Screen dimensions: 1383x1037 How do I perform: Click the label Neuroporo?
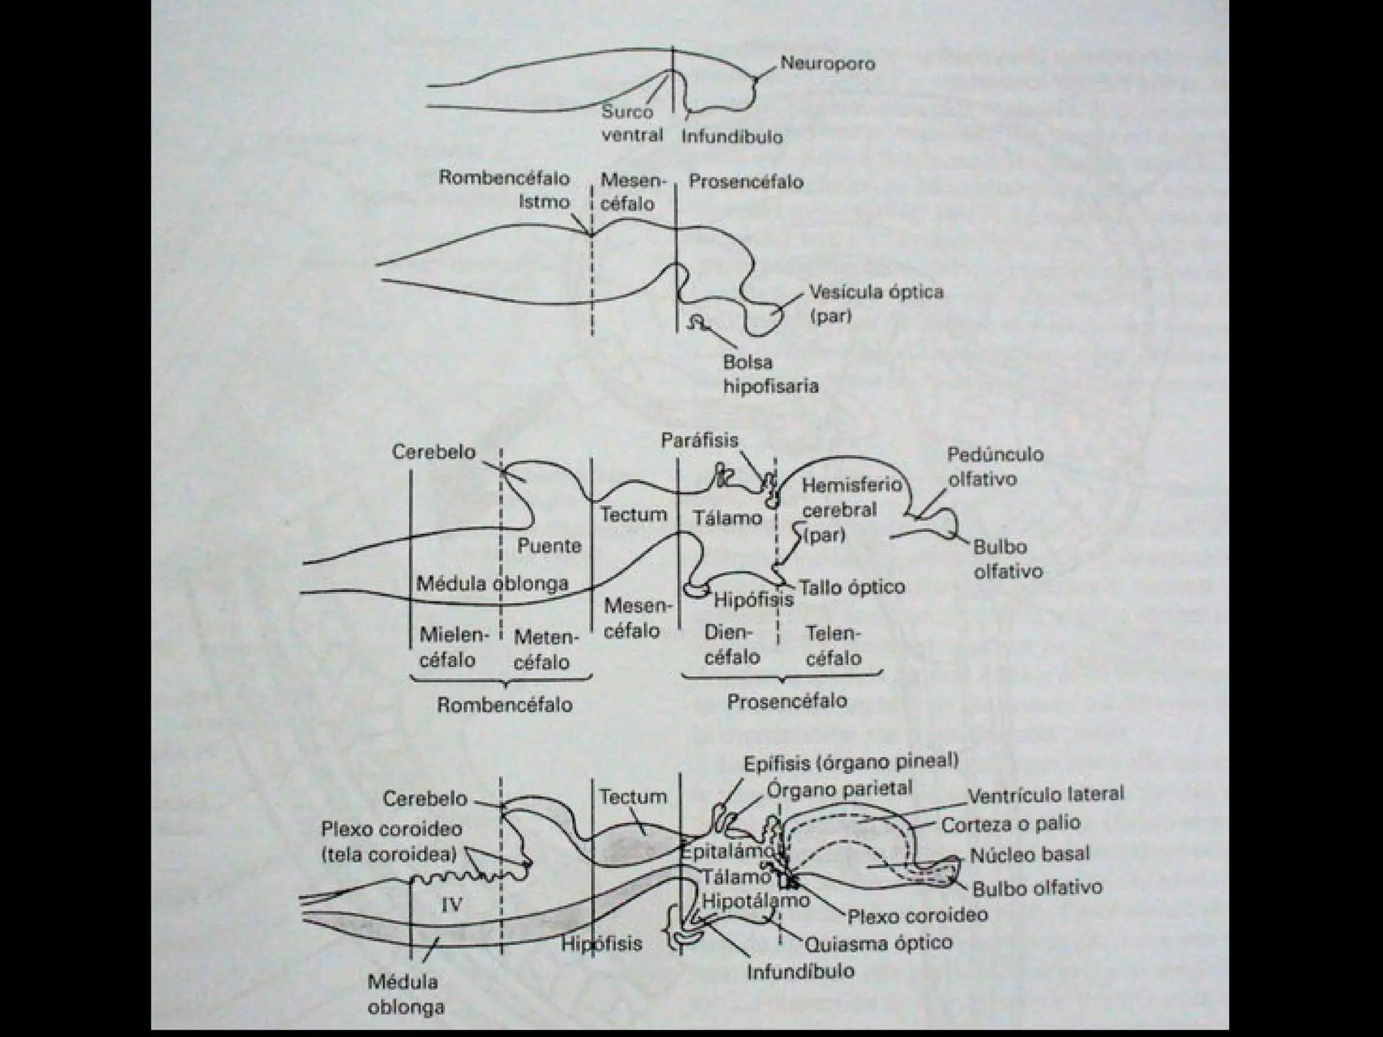[827, 63]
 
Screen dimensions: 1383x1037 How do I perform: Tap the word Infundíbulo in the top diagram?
[731, 137]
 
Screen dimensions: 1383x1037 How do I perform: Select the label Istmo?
[544, 202]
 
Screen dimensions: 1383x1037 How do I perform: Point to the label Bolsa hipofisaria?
[771, 374]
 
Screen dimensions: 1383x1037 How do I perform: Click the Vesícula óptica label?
[876, 304]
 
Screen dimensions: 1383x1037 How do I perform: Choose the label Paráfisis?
[699, 440]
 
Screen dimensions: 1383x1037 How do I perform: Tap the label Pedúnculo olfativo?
[994, 467]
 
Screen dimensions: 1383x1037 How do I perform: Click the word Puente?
[549, 546]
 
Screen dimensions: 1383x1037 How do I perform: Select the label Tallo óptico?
[852, 587]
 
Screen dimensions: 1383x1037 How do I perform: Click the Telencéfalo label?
[833, 645]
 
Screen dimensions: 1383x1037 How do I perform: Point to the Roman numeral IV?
[451, 905]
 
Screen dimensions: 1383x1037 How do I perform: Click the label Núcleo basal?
[1030, 855]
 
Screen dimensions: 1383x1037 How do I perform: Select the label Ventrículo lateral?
[1046, 795]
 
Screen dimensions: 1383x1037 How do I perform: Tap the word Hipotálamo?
[756, 901]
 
